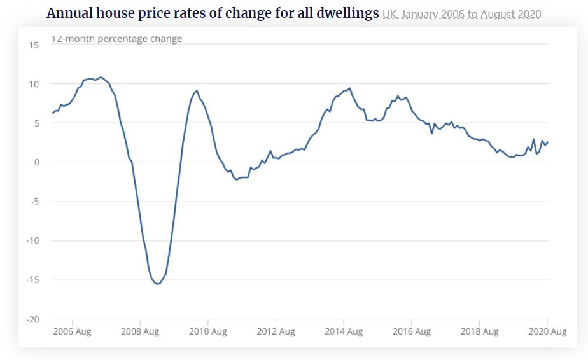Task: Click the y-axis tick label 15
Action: [34, 45]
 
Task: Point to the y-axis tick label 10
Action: [34, 85]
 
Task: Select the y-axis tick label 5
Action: [36, 123]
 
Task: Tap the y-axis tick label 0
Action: [36, 163]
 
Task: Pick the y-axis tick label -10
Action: [32, 241]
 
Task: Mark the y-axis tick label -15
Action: [32, 280]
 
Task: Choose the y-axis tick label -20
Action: [32, 319]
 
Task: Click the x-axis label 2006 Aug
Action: [73, 332]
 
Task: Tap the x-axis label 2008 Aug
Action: [140, 332]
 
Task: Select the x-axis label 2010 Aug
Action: [208, 332]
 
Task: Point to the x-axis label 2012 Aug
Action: [276, 332]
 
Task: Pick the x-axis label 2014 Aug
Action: [344, 332]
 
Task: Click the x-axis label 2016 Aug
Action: [411, 332]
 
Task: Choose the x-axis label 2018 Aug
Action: [479, 332]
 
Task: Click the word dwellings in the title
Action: [339, 13]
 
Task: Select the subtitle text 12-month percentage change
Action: [116, 39]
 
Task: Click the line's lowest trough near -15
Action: [157, 284]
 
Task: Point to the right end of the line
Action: [548, 142]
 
